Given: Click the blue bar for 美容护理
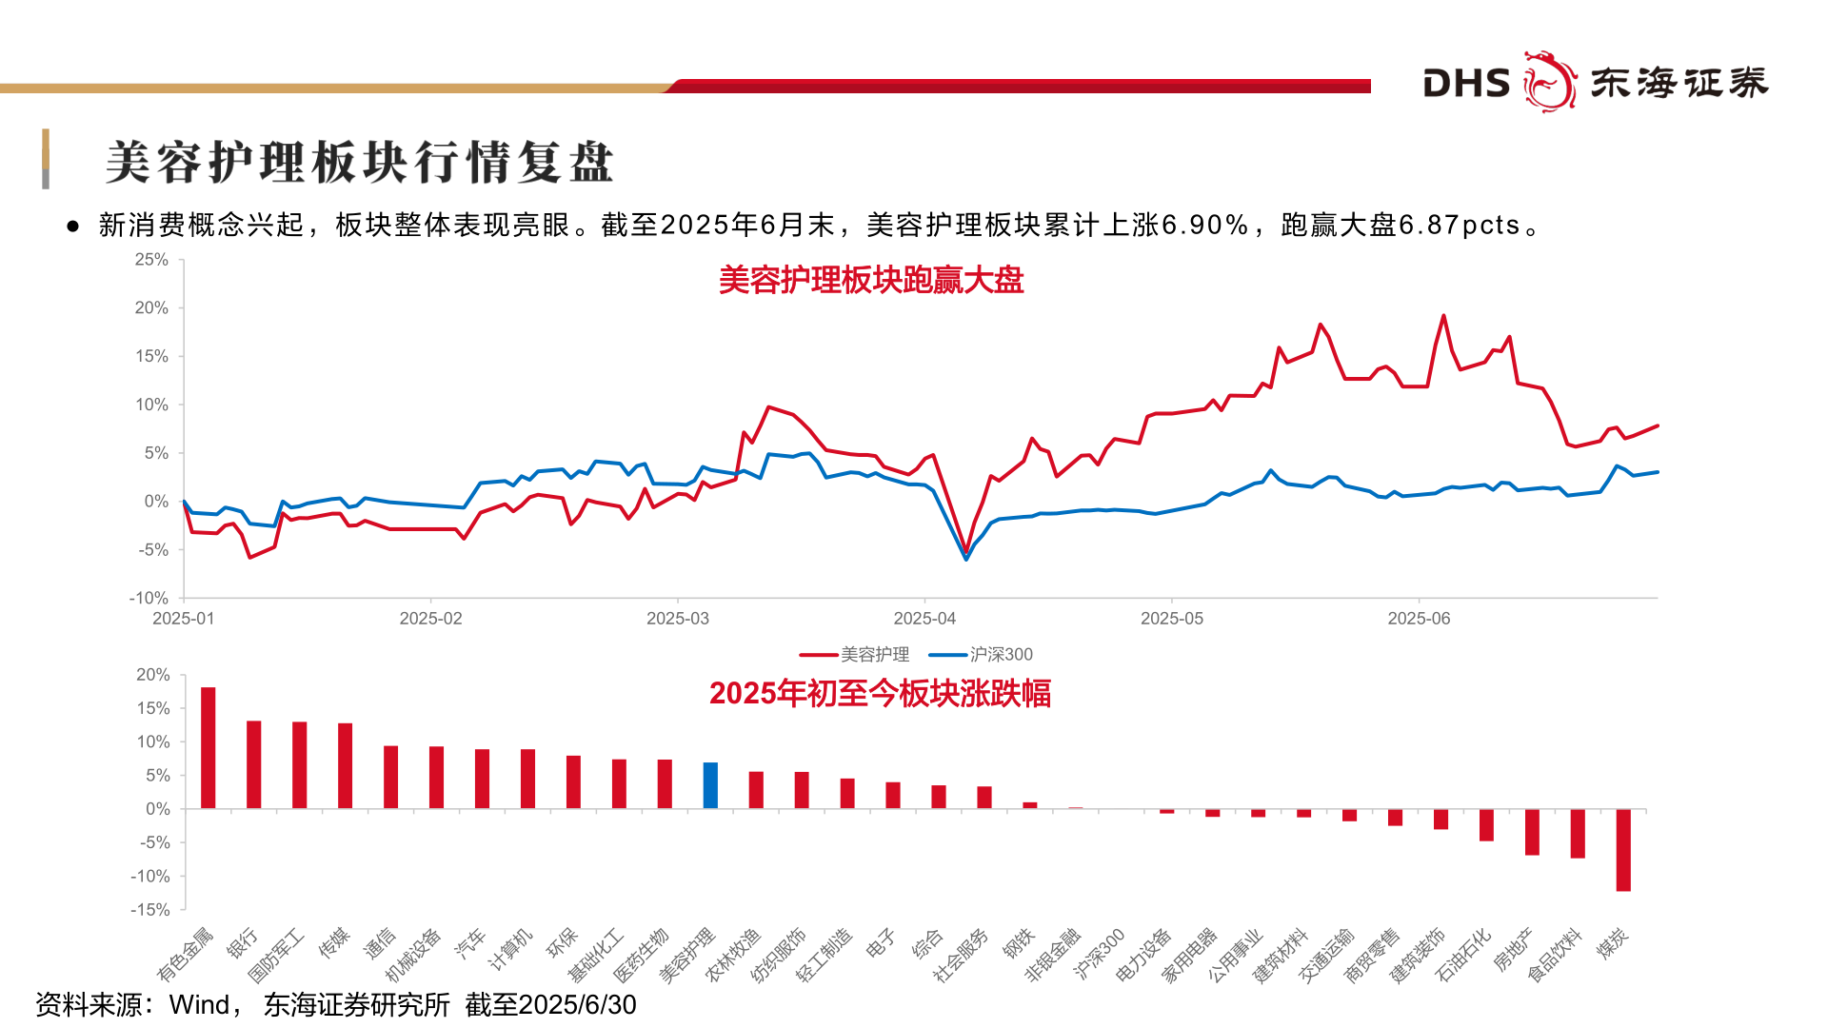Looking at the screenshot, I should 710,785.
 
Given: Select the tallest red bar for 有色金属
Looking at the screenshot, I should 208,748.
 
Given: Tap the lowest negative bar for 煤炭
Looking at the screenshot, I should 1623,850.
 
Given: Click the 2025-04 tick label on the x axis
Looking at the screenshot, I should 924,619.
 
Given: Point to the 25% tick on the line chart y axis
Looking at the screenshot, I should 151,260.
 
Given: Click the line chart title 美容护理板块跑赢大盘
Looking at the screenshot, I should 870,281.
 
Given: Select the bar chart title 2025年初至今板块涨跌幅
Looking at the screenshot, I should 880,693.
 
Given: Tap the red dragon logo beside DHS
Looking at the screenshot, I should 1549,82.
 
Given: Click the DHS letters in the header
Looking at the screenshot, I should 1466,84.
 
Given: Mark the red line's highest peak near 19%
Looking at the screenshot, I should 1443,316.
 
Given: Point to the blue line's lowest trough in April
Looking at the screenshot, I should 966,559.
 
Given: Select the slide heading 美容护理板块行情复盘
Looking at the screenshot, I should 359,162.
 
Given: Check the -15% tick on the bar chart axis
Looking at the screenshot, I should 149,910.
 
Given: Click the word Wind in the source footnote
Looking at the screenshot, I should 199,1005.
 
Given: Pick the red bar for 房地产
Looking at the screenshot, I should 1532,832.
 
